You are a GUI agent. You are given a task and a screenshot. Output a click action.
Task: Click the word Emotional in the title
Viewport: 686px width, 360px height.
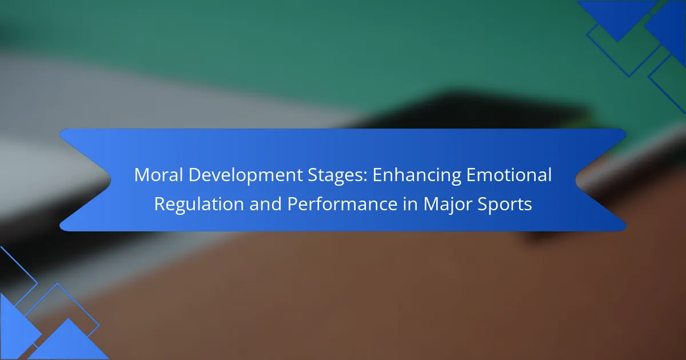[x=509, y=175]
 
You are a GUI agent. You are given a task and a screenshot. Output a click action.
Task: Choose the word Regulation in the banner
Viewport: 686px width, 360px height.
[x=199, y=205]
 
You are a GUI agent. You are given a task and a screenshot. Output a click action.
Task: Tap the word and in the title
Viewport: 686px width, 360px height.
[x=265, y=204]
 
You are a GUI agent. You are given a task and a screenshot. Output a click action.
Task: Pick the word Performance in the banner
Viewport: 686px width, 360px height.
[x=342, y=204]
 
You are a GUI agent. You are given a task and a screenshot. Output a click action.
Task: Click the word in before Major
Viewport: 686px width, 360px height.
[x=410, y=204]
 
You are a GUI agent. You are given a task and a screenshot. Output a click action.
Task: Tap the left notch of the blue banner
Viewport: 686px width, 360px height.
[x=110, y=180]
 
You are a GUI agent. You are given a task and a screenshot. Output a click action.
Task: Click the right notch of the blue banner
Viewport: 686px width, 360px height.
[x=576, y=180]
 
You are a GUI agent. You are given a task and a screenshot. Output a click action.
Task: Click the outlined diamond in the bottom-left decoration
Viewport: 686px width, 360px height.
[x=78, y=304]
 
